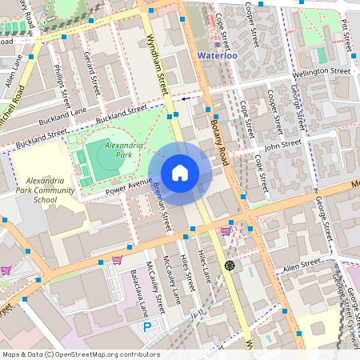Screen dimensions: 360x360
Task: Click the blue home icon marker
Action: pyautogui.click(x=180, y=172)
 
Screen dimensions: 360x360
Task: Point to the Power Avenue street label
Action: pyautogui.click(x=128, y=186)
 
